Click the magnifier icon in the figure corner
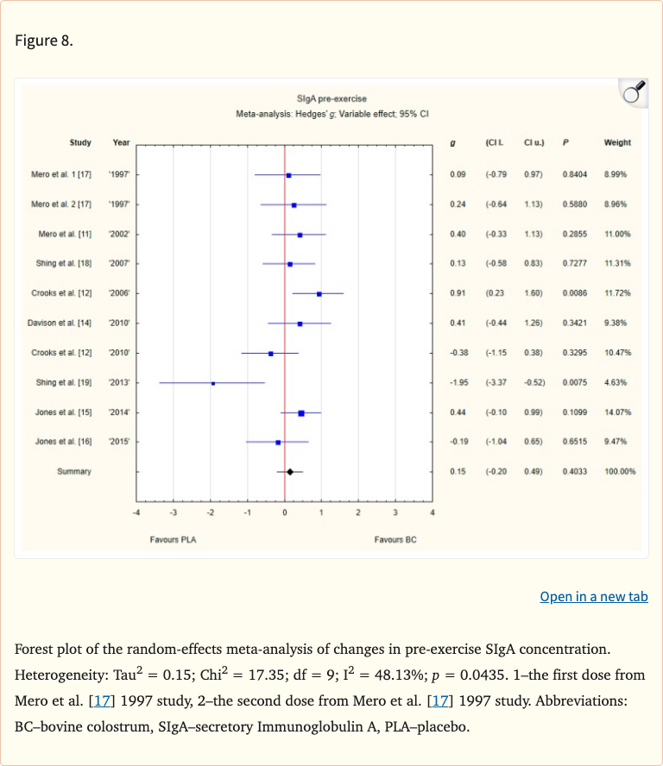pyautogui.click(x=634, y=92)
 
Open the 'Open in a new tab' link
pyautogui.click(x=593, y=597)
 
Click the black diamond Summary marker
pyautogui.click(x=290, y=472)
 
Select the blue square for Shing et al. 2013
pyautogui.click(x=213, y=383)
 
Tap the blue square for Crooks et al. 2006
pyautogui.click(x=319, y=294)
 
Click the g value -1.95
pyautogui.click(x=458, y=383)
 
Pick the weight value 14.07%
pyautogui.click(x=617, y=412)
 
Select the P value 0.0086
pyautogui.click(x=574, y=294)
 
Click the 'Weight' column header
pyautogui.click(x=617, y=143)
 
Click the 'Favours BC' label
pyautogui.click(x=395, y=540)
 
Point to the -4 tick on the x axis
pyautogui.click(x=136, y=512)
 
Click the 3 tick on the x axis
pyautogui.click(x=395, y=512)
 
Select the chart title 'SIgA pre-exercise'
pyautogui.click(x=331, y=99)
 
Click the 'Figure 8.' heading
pyautogui.click(x=44, y=41)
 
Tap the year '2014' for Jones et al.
pyautogui.click(x=119, y=412)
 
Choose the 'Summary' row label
pyautogui.click(x=74, y=472)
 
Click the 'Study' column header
pyautogui.click(x=80, y=143)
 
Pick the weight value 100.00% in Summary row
pyautogui.click(x=620, y=472)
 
